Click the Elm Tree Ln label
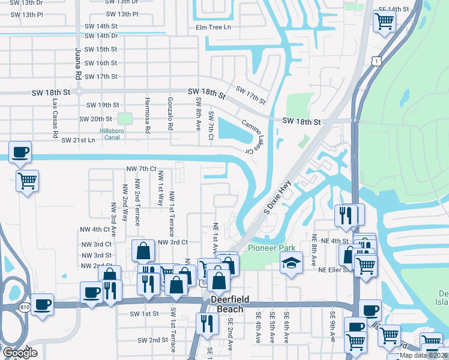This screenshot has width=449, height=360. [213, 28]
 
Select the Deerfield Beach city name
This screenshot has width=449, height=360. [227, 304]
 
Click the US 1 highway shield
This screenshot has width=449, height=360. [375, 61]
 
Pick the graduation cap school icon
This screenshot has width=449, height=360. [291, 263]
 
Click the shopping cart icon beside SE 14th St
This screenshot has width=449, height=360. [384, 22]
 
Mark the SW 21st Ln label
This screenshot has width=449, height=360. [78, 140]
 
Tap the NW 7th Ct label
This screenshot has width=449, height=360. [141, 169]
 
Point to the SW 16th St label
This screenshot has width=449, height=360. [101, 63]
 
